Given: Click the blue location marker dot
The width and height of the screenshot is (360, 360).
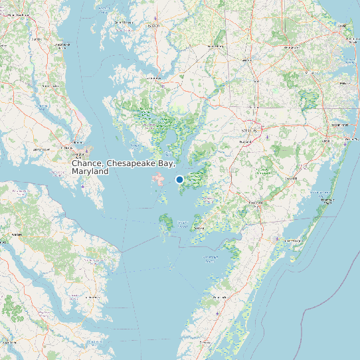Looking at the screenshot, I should [179, 179].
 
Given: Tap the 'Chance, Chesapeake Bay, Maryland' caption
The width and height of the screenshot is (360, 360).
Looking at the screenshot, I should [124, 167].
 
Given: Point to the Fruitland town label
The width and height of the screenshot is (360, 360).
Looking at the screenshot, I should [246, 141].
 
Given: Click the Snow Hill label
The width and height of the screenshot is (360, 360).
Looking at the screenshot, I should [291, 179].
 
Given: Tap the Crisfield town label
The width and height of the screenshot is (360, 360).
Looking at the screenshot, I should [199, 228].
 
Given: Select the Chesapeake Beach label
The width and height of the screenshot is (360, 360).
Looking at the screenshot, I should [63, 45].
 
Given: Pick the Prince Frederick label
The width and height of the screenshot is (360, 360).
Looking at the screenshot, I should [47, 86].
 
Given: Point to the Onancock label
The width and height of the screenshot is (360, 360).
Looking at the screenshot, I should [219, 297].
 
